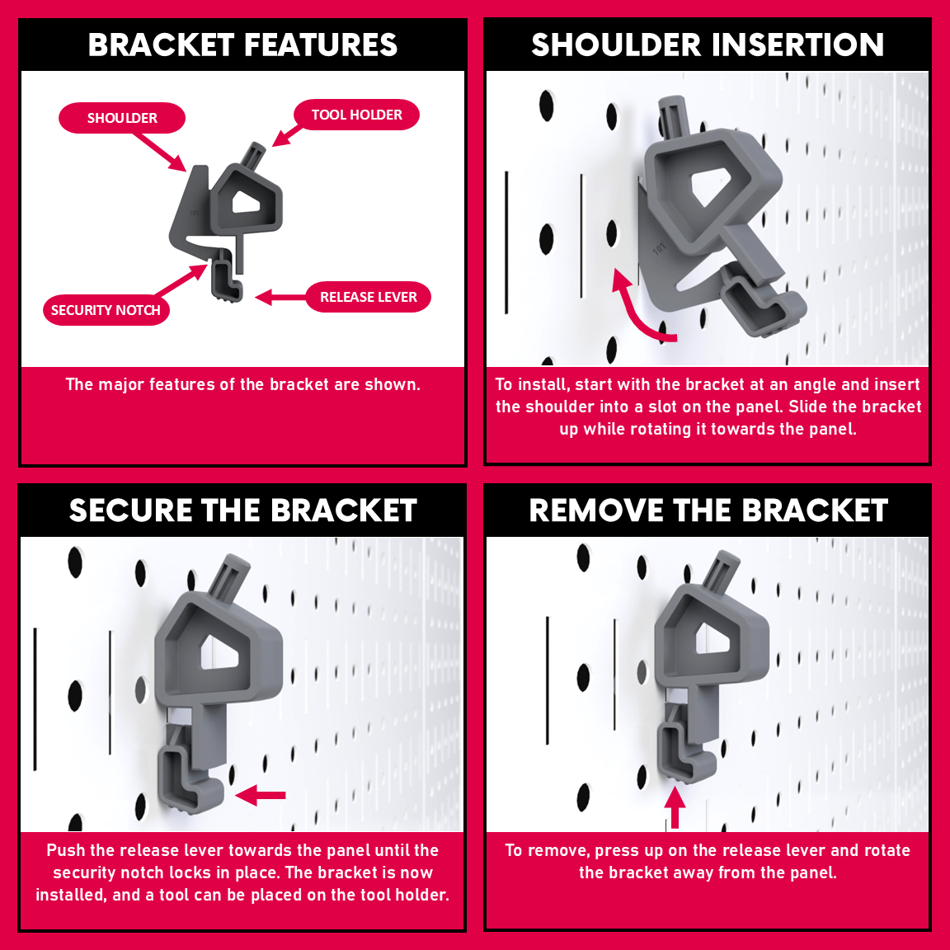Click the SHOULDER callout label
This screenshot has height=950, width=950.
122,118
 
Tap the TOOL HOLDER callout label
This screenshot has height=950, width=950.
356,115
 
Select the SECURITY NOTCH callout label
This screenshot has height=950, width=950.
106,310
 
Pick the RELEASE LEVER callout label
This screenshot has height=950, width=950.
369,297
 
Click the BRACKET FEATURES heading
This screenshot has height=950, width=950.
242,45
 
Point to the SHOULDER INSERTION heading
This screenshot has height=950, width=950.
708,45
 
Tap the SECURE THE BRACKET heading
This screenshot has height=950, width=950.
243,510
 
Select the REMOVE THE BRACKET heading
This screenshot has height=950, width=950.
708,510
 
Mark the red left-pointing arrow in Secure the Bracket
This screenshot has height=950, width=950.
260,795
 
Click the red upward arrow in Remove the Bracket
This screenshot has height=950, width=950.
675,807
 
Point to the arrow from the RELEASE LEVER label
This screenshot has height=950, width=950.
280,298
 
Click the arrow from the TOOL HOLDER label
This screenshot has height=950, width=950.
287,135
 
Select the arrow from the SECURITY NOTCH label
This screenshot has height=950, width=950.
181,280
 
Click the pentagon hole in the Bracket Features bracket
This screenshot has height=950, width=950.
246,202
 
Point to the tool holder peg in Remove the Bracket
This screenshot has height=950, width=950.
722,571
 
